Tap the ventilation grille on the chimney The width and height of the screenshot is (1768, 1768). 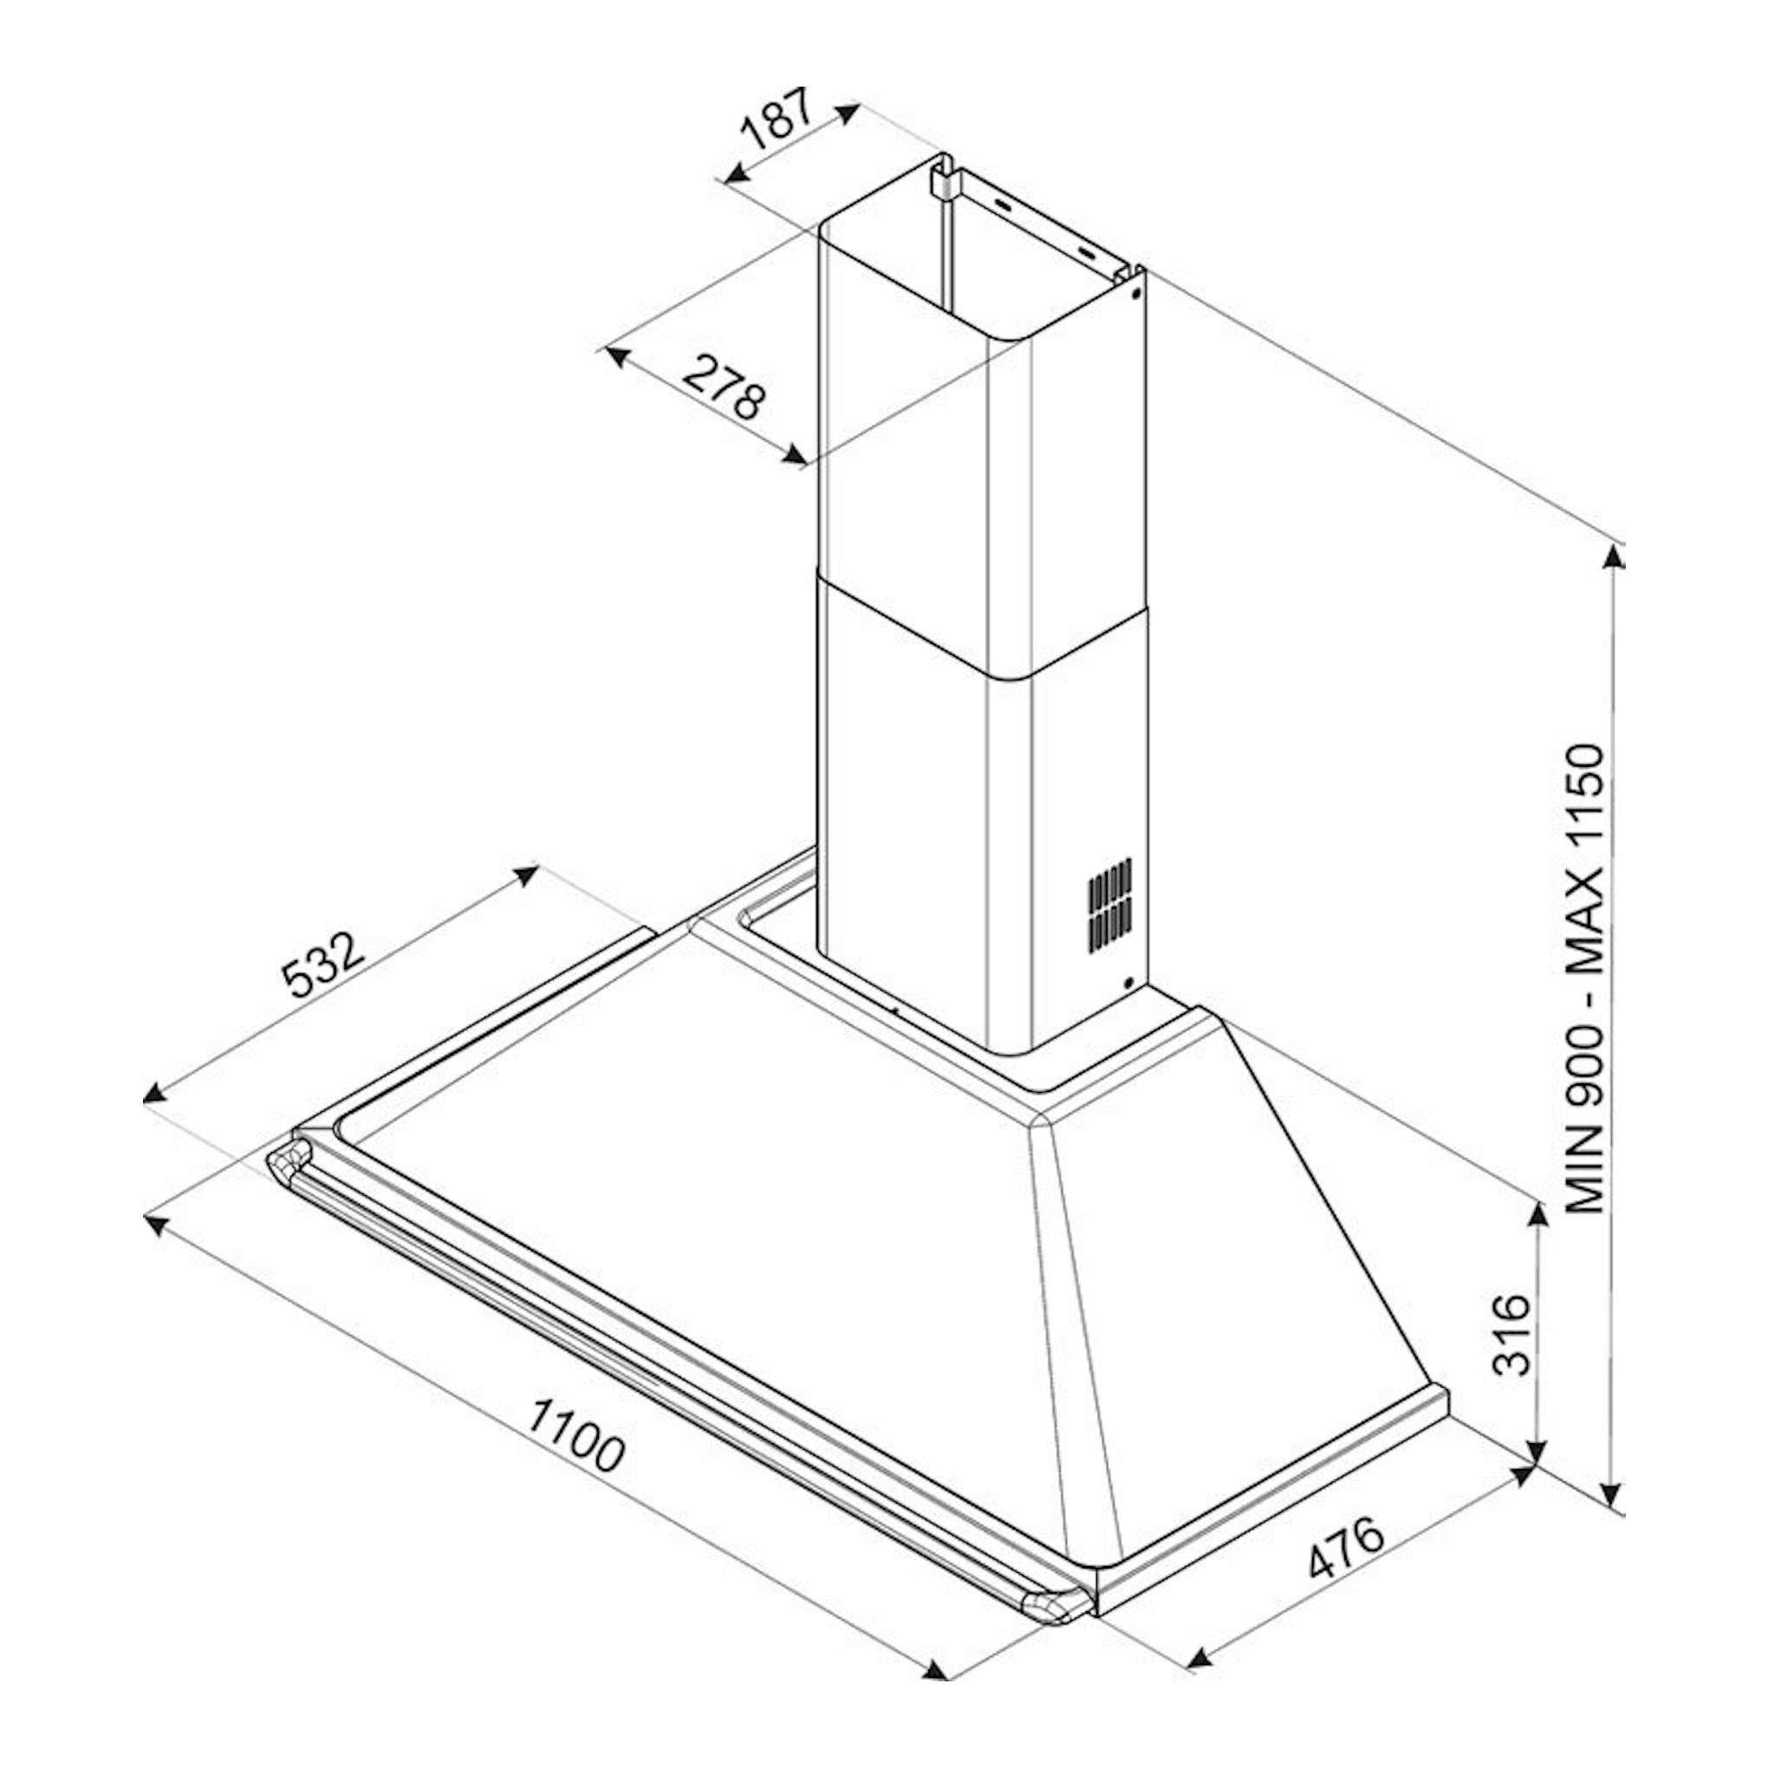click(1110, 902)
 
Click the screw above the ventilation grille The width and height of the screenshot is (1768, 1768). click(1135, 294)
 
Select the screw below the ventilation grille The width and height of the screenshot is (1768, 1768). click(1128, 983)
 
